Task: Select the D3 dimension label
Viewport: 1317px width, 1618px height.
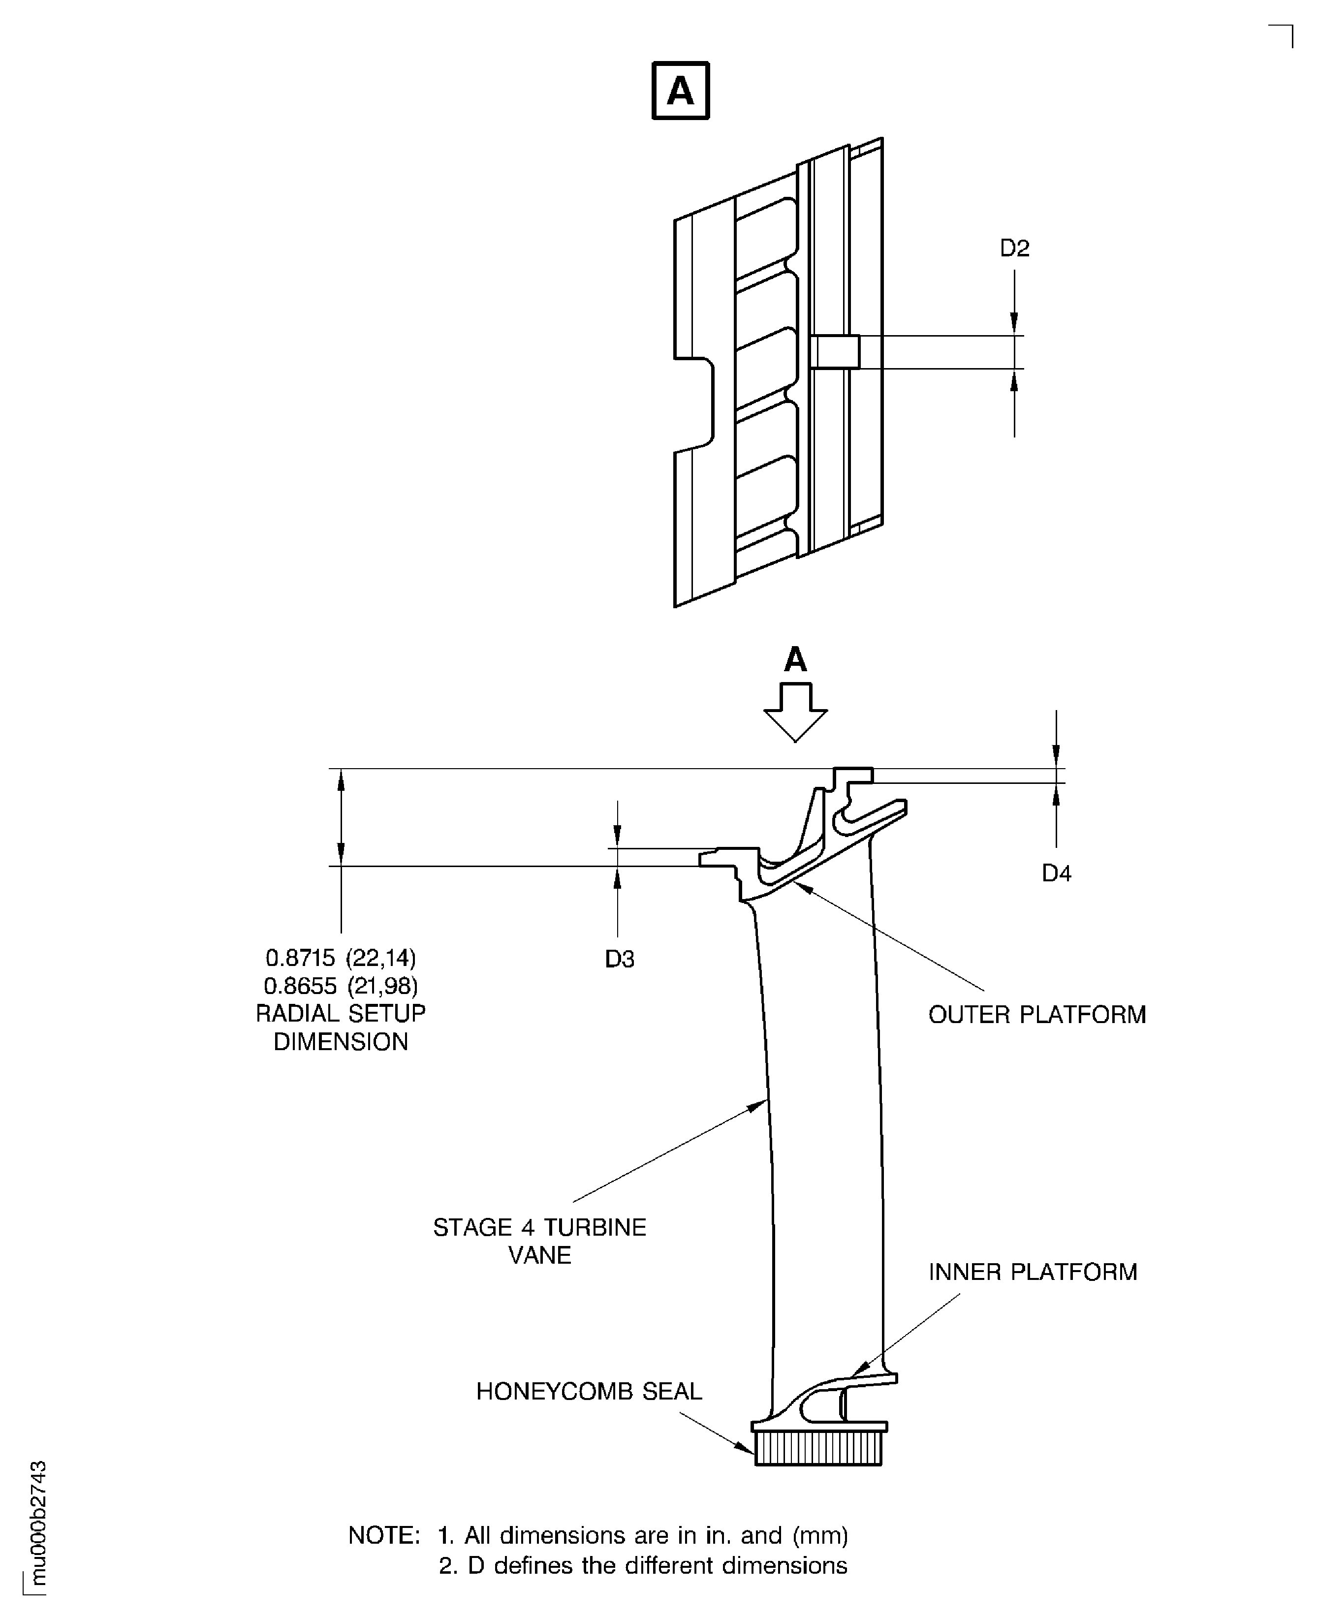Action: coord(619,960)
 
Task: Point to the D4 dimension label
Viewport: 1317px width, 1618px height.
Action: coord(1056,874)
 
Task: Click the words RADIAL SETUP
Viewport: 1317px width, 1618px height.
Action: coord(341,1013)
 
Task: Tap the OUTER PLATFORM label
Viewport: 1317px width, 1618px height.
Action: coord(1036,1015)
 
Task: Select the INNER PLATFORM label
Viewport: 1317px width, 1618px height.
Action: coord(1033,1272)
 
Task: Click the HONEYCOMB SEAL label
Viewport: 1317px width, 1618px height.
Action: coord(589,1391)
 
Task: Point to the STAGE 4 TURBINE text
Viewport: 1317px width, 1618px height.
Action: coord(539,1227)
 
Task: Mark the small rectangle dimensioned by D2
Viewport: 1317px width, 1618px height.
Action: coord(835,352)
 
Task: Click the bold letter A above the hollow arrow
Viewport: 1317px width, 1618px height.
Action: coord(795,660)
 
